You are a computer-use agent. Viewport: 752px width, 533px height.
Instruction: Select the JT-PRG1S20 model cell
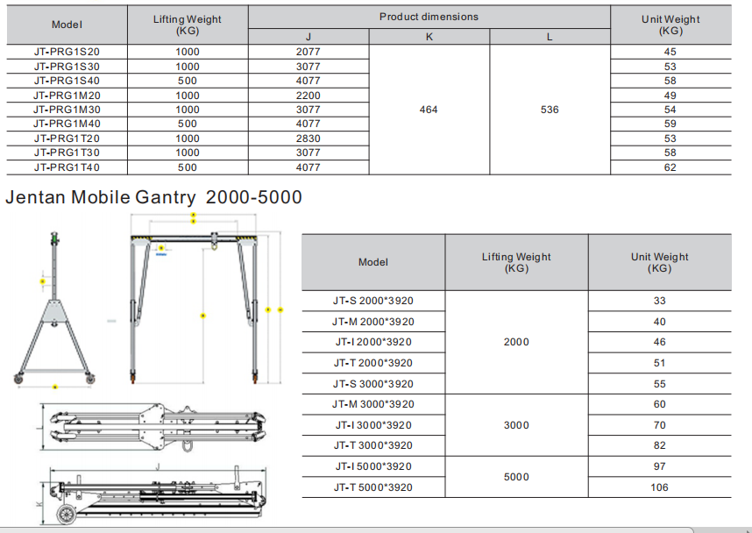pos(67,52)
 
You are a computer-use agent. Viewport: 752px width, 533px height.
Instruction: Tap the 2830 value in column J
pos(309,139)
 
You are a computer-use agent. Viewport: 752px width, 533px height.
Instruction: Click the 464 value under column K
pos(429,110)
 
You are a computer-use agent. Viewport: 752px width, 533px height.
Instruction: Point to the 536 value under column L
pos(550,110)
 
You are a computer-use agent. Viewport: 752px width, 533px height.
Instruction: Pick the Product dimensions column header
pos(429,17)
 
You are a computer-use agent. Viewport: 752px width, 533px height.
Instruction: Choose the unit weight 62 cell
pos(670,167)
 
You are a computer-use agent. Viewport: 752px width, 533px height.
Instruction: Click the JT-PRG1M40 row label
pos(67,124)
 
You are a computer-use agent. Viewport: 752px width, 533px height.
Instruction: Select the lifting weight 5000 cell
pos(516,477)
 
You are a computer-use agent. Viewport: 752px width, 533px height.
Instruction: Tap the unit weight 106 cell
pos(659,487)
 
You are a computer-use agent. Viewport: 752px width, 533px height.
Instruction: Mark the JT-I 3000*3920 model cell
pos(372,425)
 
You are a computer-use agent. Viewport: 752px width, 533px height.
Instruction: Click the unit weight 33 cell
pos(659,301)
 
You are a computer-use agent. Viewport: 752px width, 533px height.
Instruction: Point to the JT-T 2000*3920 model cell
pos(372,363)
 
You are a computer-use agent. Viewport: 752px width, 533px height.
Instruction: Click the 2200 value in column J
pos(309,96)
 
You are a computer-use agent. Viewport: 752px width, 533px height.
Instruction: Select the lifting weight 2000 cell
pos(516,342)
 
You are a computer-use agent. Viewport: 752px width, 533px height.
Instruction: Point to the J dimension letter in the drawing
pos(155,467)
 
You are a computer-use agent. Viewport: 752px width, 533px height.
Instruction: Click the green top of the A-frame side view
pos(54,236)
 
